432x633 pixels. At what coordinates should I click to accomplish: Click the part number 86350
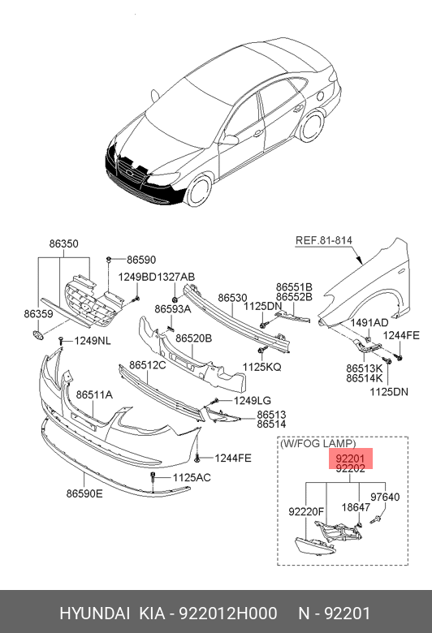pos(64,243)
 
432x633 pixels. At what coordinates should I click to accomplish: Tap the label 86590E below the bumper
pos(84,493)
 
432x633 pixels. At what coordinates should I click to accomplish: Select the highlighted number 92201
pos(350,459)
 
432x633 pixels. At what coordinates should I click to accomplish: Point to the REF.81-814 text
pos(324,240)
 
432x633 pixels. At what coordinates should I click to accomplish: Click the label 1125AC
pos(192,477)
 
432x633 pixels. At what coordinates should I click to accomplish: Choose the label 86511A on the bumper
pos(94,394)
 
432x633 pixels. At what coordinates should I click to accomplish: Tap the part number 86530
pos(232,298)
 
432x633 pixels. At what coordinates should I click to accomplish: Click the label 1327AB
pos(175,277)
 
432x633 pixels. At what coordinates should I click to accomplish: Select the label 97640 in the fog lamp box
pos(385,497)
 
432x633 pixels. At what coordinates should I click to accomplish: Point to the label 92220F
pos(306,511)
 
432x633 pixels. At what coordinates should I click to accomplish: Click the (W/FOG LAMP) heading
pos(318,444)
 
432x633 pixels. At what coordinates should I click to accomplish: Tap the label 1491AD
pos(369,322)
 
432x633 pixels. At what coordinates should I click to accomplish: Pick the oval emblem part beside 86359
pos(37,335)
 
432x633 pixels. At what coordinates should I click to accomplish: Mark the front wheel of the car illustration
pos(200,190)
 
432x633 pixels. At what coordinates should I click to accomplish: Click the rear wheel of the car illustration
pos(313,126)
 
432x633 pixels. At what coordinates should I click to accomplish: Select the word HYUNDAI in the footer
pos(94,614)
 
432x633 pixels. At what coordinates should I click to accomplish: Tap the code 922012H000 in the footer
pos(228,614)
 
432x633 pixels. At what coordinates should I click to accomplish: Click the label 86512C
pos(148,365)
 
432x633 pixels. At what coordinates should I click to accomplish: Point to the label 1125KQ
pos(261,367)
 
